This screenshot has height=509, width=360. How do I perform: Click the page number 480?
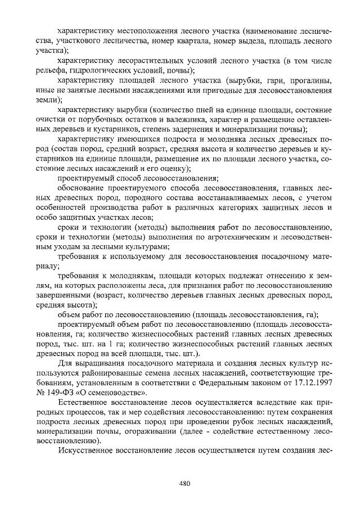(x=185, y=483)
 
